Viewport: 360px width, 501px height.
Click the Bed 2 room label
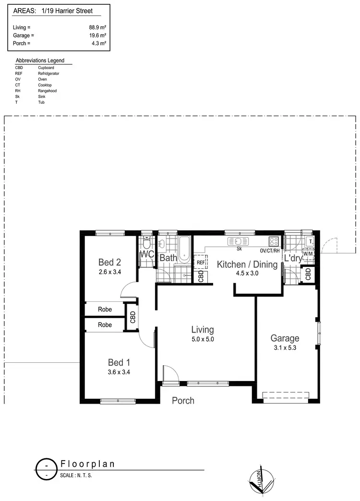pos(109,262)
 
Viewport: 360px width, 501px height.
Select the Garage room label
pos(284,338)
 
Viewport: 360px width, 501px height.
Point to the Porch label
pos(183,400)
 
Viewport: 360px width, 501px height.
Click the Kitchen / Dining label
pos(247,264)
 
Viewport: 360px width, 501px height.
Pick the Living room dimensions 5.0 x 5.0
pos(202,339)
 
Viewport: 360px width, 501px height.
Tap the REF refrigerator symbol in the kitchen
pos(201,262)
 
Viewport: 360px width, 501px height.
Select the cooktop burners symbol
pos(274,242)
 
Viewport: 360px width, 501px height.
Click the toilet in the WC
pos(146,242)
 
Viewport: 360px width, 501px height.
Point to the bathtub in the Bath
pos(184,248)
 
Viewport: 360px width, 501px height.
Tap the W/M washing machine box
pos(308,253)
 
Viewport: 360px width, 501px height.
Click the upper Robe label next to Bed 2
pos(105,310)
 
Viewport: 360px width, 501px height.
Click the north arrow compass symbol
pos(262,480)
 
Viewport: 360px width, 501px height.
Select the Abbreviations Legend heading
pos(40,61)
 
